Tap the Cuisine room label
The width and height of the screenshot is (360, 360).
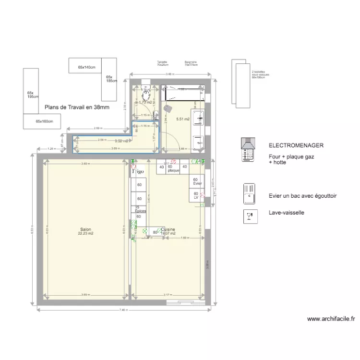[168, 229]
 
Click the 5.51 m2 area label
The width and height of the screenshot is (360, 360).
[182, 119]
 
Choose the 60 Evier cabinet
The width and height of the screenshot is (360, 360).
[197, 181]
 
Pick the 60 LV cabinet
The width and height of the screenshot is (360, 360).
[196, 195]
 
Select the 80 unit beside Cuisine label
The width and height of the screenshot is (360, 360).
[155, 232]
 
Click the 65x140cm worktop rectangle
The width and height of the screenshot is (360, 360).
[87, 68]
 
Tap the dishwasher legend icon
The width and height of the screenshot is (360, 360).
[249, 217]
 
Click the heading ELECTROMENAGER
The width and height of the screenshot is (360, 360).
[296, 145]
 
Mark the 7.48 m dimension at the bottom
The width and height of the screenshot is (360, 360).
[123, 310]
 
